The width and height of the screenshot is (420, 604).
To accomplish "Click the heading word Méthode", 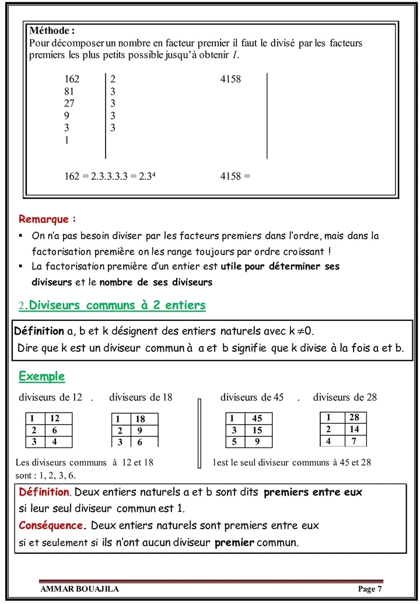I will [x=51, y=30].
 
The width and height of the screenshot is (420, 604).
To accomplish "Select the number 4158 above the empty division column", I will [x=230, y=79].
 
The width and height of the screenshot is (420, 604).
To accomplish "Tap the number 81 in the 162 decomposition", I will [x=69, y=92].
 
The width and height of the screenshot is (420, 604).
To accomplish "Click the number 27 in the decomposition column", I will [x=69, y=103].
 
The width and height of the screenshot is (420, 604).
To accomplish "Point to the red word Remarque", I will [x=47, y=219].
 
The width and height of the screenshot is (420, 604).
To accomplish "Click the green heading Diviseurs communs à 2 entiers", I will [x=117, y=305].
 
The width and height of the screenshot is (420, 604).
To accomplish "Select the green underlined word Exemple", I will [x=41, y=376].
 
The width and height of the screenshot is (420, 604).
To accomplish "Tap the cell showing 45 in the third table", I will [x=257, y=418].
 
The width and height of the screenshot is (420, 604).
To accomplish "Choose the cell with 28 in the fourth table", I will [x=354, y=417].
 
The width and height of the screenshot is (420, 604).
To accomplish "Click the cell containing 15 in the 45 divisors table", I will [x=257, y=430].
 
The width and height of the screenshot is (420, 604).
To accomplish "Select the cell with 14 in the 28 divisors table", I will [x=354, y=429].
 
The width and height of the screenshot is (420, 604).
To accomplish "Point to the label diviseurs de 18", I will [x=141, y=397].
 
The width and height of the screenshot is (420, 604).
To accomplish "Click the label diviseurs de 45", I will [x=252, y=397].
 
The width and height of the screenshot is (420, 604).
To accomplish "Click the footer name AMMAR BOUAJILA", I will [x=79, y=589].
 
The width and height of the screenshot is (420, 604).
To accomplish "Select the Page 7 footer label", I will [x=370, y=589].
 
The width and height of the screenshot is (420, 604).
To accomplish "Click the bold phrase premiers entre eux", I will [x=313, y=492].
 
